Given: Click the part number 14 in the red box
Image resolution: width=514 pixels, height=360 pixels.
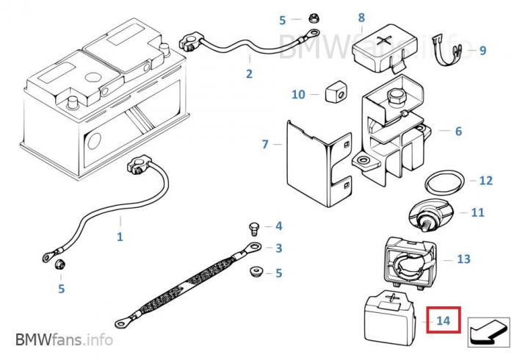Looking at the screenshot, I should [x=443, y=320].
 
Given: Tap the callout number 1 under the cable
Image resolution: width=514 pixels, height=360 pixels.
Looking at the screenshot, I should [x=120, y=237].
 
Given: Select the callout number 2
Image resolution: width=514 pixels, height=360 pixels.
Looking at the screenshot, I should [x=249, y=73].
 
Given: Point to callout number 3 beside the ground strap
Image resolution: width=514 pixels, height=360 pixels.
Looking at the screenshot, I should [x=278, y=248].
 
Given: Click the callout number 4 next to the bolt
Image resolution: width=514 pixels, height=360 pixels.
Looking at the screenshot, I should [x=278, y=226].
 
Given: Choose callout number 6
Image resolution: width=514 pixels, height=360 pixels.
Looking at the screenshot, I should [x=458, y=132].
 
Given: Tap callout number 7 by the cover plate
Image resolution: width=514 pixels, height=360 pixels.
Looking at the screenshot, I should [x=265, y=144].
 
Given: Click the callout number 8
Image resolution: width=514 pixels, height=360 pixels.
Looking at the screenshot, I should [x=361, y=17].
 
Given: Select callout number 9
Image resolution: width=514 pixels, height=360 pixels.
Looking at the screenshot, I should [x=482, y=51].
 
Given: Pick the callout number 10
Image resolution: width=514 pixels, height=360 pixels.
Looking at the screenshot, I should [x=298, y=95].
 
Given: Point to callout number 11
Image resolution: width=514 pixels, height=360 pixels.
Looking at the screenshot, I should [x=477, y=213].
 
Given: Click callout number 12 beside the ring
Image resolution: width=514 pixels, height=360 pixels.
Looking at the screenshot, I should [x=485, y=181].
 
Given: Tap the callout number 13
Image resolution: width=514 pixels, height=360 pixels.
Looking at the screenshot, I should [x=463, y=259].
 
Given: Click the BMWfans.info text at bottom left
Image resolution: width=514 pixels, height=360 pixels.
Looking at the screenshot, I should [x=64, y=340].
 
